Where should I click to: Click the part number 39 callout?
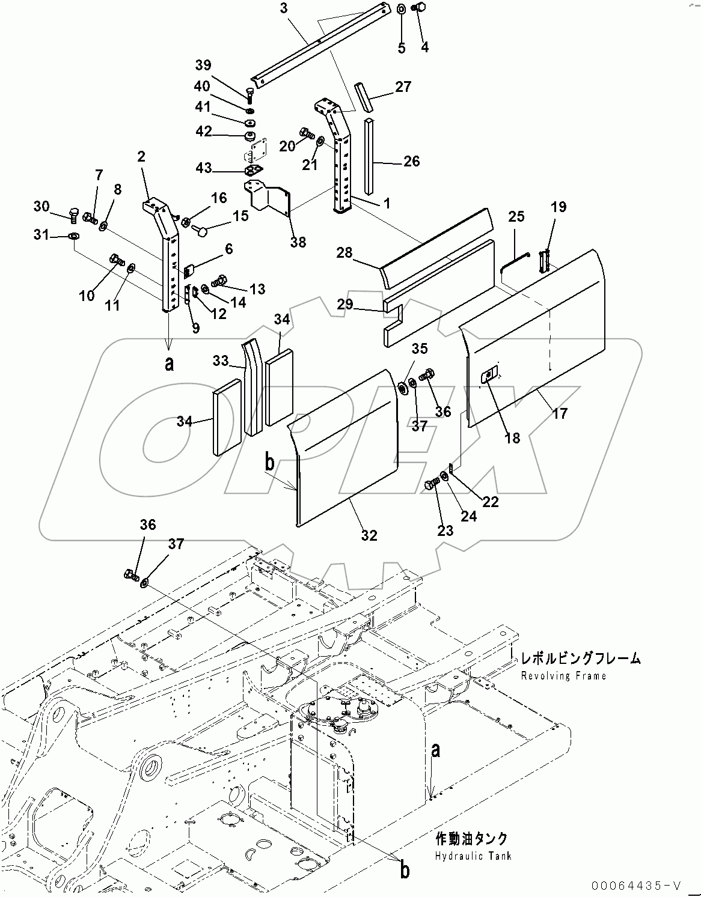(x=203, y=65)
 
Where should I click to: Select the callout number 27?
(x=403, y=87)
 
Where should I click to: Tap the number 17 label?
(x=559, y=413)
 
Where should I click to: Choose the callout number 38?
(x=298, y=242)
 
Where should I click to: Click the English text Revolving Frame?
(x=564, y=675)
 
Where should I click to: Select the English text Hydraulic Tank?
(x=473, y=855)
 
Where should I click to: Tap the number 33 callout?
(x=221, y=360)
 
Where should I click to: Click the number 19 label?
(x=559, y=207)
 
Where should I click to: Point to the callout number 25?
(x=516, y=216)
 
